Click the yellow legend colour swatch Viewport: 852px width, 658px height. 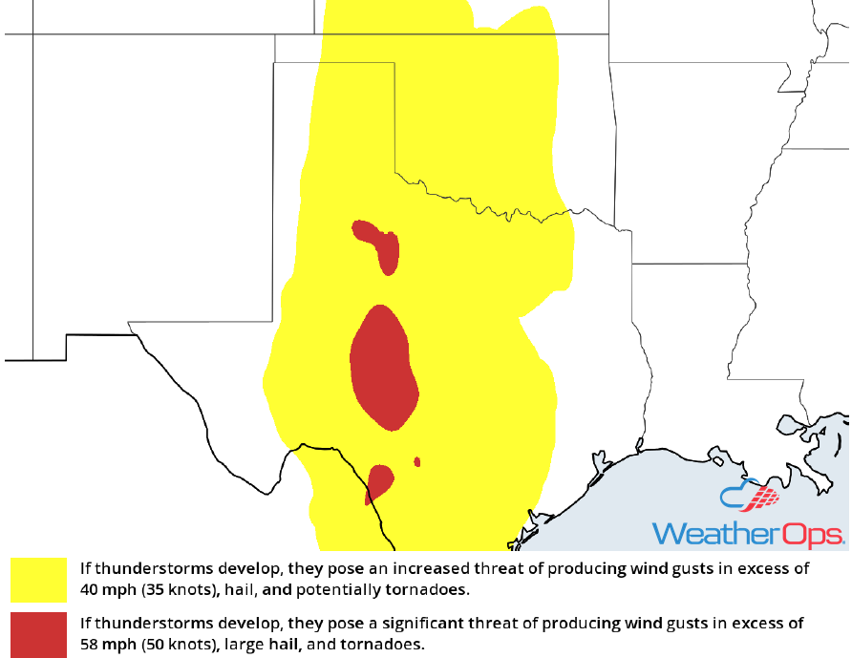pyautogui.click(x=38, y=580)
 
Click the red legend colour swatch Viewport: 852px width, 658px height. pyautogui.click(x=38, y=634)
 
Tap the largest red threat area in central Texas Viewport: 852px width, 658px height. pyautogui.click(x=383, y=368)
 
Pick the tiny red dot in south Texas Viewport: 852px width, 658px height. pyautogui.click(x=417, y=462)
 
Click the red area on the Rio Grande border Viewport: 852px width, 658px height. pyautogui.click(x=379, y=480)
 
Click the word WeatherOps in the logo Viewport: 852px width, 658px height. pyautogui.click(x=748, y=533)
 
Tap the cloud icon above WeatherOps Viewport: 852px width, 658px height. pyautogui.click(x=750, y=498)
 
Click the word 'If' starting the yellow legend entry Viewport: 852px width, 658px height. pyautogui.click(x=86, y=568)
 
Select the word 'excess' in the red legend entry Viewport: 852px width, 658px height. pyautogui.click(x=756, y=624)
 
